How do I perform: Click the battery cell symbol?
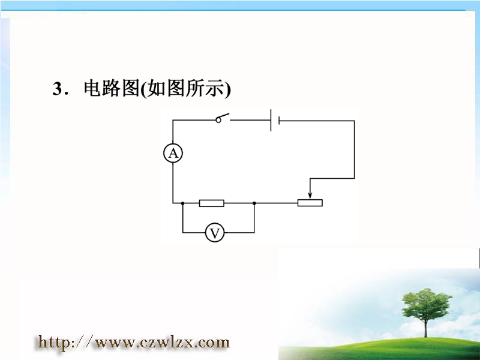275,121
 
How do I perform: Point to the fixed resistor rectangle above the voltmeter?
212,203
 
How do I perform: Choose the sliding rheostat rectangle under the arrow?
310,203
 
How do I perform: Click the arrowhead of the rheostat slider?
310,196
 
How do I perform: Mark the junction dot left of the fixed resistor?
183,203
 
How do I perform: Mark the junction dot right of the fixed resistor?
254,203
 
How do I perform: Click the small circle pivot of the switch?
218,121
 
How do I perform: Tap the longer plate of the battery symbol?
271,121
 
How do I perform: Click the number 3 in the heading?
57,89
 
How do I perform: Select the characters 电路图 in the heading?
112,88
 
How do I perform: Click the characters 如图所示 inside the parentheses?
186,88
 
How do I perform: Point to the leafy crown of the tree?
427,304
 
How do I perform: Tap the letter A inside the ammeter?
173,153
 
